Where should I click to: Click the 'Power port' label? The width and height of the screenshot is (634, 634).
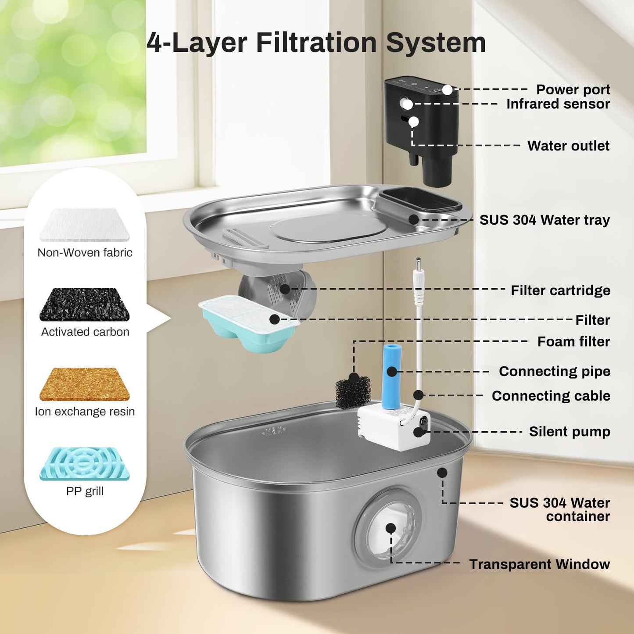point(573,90)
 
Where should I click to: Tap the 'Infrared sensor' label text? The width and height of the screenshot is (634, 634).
point(558,104)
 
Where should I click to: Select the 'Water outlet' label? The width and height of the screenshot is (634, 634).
point(568,146)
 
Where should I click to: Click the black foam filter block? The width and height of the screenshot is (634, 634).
point(353,391)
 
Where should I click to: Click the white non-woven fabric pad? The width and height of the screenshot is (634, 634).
point(85,225)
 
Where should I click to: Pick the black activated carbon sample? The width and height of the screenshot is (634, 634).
point(85,304)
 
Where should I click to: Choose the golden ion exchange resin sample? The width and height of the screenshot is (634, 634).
point(85,384)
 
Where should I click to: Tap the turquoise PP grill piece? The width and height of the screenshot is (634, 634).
point(85,463)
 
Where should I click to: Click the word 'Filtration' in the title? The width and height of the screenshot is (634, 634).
point(316,43)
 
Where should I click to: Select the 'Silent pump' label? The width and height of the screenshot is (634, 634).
point(569,431)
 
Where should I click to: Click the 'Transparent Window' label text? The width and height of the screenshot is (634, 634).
point(539,564)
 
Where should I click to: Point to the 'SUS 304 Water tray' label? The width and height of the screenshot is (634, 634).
point(544,220)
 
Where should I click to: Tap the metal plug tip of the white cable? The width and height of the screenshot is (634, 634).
point(418,263)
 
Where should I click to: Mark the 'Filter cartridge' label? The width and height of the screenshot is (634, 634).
point(560,290)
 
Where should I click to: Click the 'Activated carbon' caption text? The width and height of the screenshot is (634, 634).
point(85,332)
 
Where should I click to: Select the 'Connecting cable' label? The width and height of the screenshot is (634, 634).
point(551,396)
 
